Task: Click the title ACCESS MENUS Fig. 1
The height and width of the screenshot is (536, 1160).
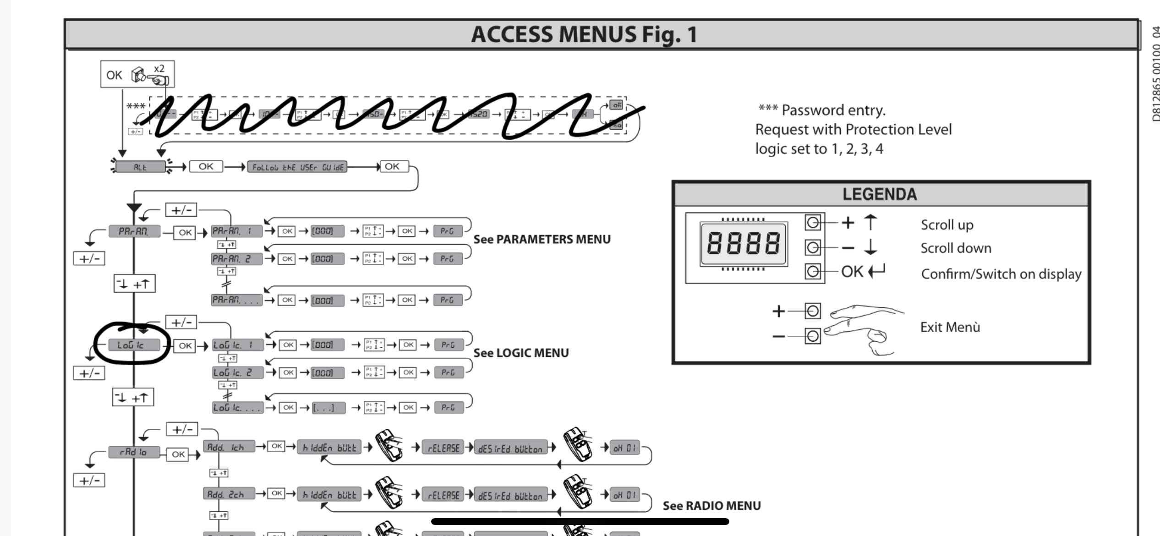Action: (584, 34)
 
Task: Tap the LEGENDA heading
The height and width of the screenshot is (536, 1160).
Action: (880, 194)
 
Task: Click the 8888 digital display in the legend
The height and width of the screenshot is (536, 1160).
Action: (743, 243)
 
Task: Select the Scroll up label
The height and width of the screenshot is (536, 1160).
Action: (947, 225)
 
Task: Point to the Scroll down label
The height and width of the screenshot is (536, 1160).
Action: (956, 248)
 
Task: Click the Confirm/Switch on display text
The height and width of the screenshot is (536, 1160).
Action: (1001, 274)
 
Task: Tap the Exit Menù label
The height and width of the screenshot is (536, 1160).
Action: (950, 327)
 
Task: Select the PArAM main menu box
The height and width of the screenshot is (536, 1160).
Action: (134, 231)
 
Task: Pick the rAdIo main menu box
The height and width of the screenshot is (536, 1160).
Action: (134, 452)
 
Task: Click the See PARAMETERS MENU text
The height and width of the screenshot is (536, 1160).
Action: (542, 239)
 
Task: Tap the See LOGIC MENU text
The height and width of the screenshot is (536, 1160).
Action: (521, 353)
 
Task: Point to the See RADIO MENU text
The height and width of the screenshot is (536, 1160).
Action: (711, 506)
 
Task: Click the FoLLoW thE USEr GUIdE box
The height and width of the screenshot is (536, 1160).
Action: (297, 167)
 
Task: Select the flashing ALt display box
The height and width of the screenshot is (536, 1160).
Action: (140, 167)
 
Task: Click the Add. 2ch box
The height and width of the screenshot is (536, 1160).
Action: (228, 494)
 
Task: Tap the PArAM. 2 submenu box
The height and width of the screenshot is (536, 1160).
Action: (236, 259)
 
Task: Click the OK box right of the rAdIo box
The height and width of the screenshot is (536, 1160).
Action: (178, 454)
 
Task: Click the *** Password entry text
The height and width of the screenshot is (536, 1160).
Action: (822, 110)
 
